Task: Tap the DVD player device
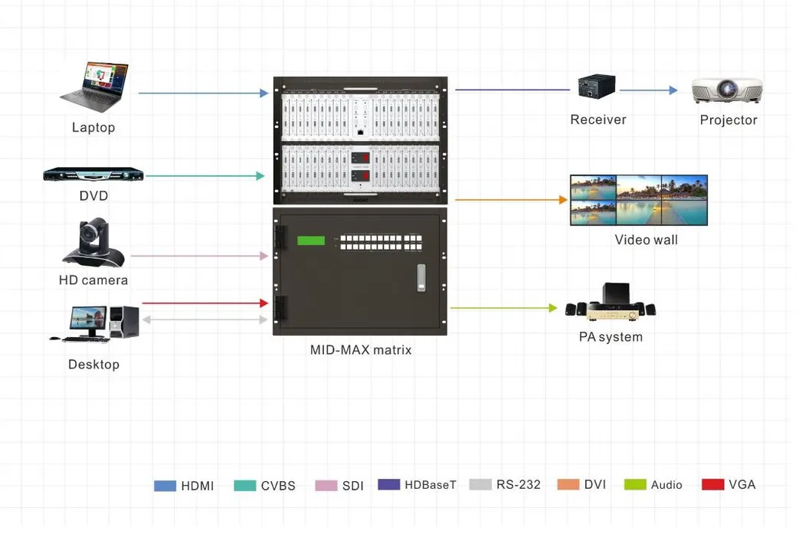pyautogui.click(x=93, y=175)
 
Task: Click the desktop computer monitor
pyautogui.click(x=87, y=320)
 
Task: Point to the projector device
pyautogui.click(x=727, y=90)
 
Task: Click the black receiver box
pyautogui.click(x=597, y=86)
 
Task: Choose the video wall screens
pyautogui.click(x=638, y=201)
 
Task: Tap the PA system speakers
pyautogui.click(x=611, y=303)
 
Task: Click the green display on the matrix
pyautogui.click(x=311, y=241)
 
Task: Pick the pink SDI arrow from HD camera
pyautogui.click(x=199, y=256)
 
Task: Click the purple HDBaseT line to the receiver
pyautogui.click(x=512, y=90)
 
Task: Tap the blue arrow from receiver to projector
pyautogui.click(x=648, y=90)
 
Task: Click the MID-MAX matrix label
pyautogui.click(x=361, y=350)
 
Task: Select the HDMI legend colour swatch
pyautogui.click(x=165, y=486)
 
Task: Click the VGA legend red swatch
pyautogui.click(x=712, y=484)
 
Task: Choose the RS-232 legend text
pyautogui.click(x=518, y=484)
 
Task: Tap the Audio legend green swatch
pyautogui.click(x=635, y=484)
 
